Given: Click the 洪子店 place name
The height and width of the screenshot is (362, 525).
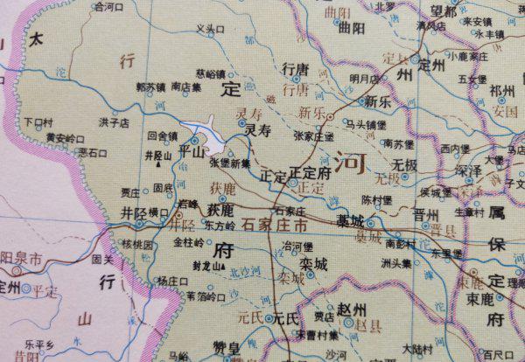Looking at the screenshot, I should coord(115,123).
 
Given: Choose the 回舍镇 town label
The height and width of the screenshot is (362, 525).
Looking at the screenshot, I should coord(163,136).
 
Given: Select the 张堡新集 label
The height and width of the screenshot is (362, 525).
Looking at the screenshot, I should coord(230,162).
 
